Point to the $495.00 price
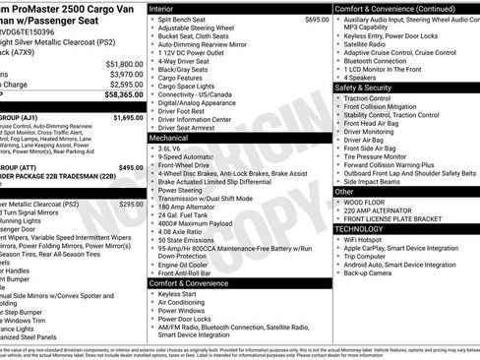click(x=130, y=168)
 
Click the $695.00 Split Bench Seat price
click(x=317, y=20)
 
